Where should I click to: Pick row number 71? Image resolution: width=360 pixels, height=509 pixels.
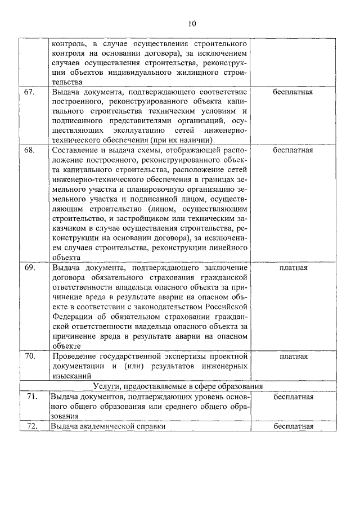click(30, 397)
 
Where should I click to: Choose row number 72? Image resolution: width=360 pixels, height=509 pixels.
click(30, 426)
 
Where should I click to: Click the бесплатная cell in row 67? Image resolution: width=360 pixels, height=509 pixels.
click(293, 92)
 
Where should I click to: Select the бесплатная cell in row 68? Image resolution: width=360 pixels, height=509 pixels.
click(293, 151)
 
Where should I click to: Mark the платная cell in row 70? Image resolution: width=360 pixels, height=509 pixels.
click(293, 356)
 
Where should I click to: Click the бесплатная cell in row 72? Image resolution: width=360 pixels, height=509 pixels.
click(293, 426)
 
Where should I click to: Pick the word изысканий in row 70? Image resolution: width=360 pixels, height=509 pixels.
click(70, 376)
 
